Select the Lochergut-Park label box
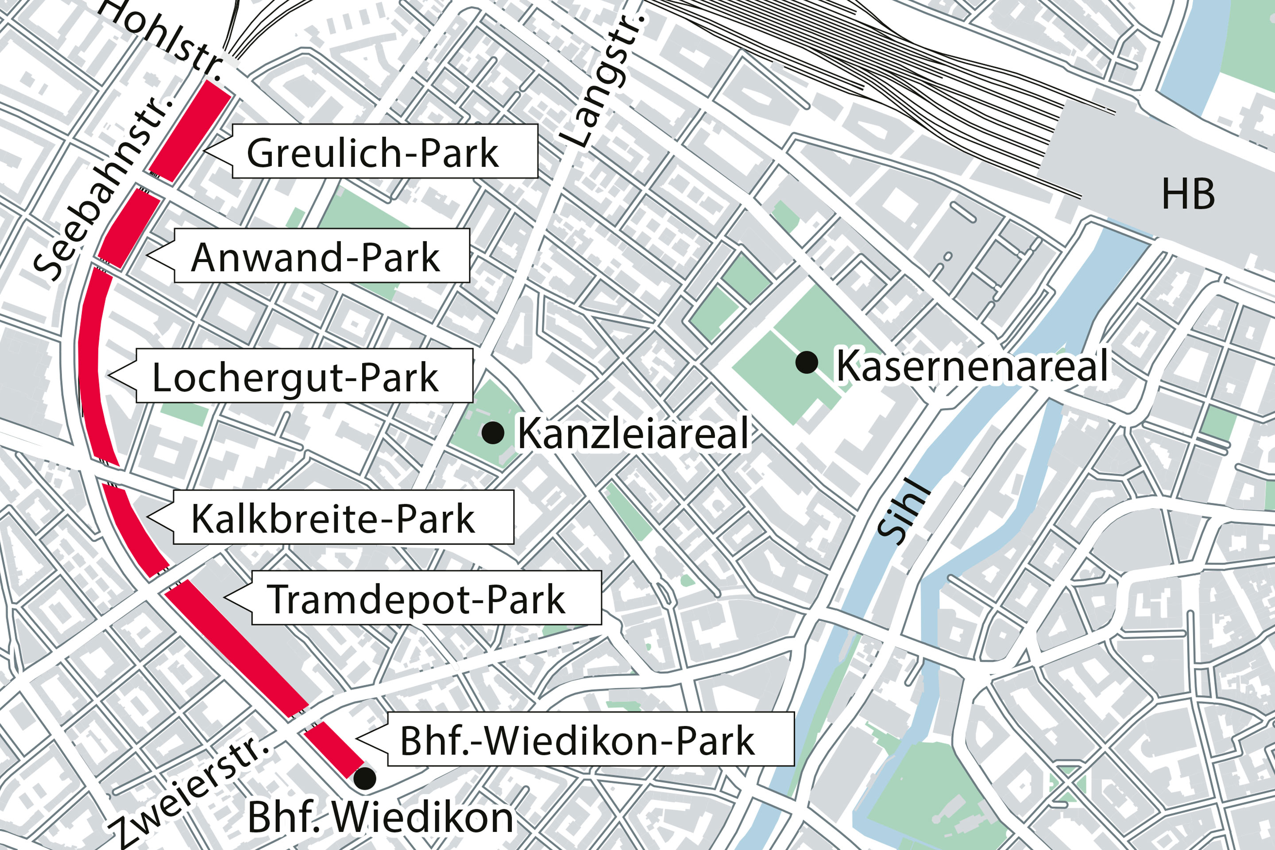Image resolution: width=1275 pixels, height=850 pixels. coord(304,376)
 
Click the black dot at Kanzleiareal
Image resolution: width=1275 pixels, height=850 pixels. coord(493,433)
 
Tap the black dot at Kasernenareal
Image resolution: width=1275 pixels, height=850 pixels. coord(807,362)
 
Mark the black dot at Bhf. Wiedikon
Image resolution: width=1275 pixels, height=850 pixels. coord(365,778)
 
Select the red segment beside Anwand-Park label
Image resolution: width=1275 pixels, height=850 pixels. coord(129,229)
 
